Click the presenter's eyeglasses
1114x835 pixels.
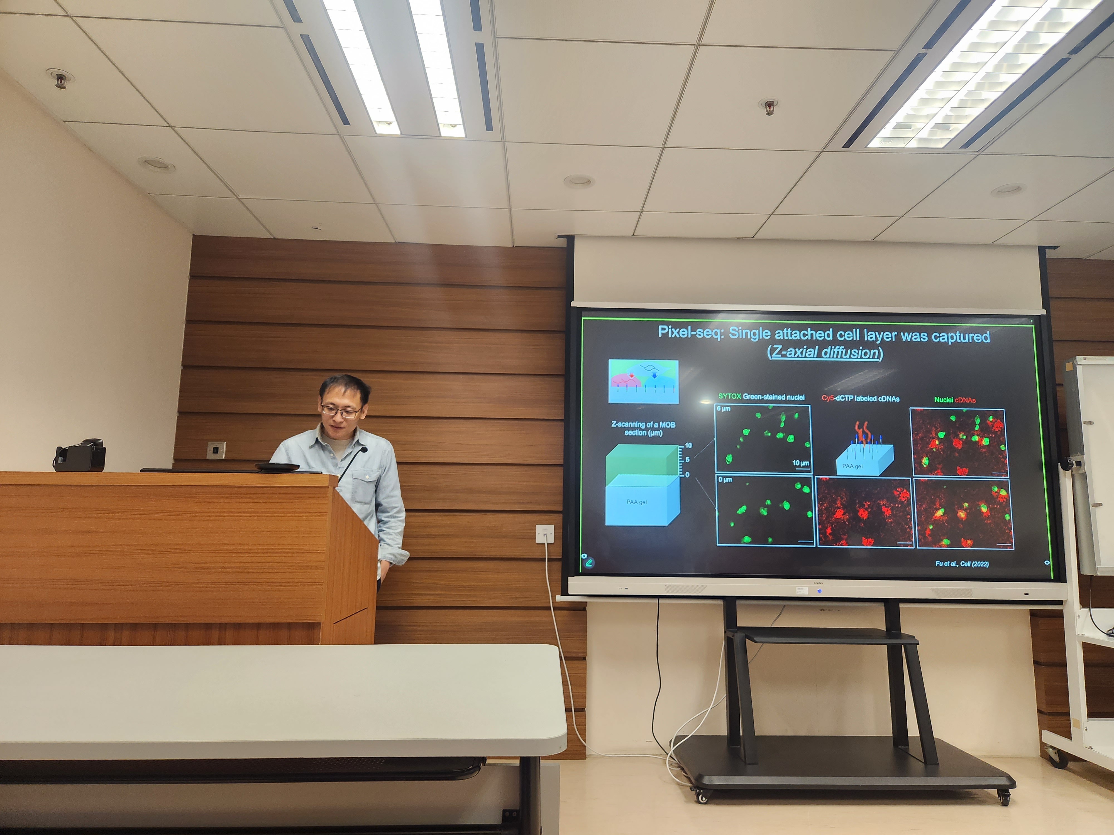[x=340, y=411]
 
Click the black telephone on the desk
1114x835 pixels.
[x=80, y=456]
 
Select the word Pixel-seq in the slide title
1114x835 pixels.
[x=690, y=333]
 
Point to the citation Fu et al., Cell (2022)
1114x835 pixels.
[x=961, y=564]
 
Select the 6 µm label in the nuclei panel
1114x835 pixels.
[x=723, y=409]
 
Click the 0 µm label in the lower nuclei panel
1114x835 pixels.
[x=725, y=480]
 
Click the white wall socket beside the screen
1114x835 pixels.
[x=545, y=534]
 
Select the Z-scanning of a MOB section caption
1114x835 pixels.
[x=643, y=428]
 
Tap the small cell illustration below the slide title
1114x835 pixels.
[x=643, y=381]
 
